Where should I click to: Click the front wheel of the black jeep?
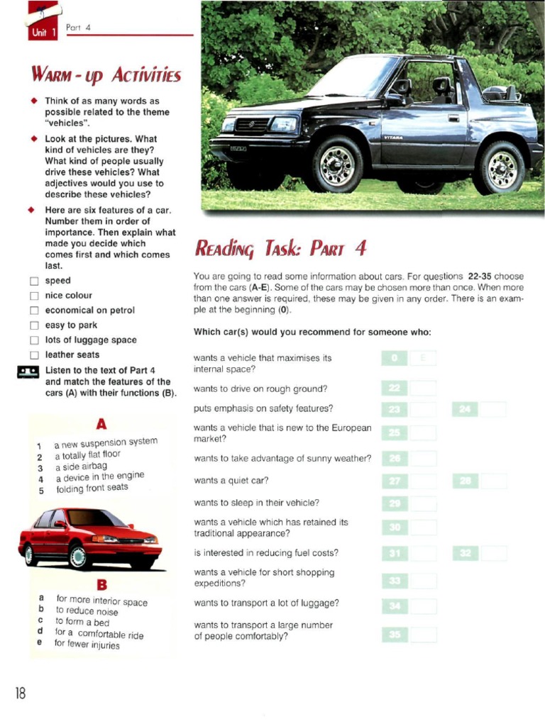(338, 164)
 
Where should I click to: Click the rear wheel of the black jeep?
(502, 168)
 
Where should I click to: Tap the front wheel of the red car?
(78, 556)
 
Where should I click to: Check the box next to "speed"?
(33, 281)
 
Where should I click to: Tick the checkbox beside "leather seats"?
(33, 355)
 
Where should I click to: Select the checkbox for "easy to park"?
(33, 325)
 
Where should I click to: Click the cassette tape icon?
(28, 371)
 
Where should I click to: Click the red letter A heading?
(101, 424)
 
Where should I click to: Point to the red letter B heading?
(101, 585)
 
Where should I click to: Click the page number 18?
(20, 693)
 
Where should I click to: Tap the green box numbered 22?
(395, 388)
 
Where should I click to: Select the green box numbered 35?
(395, 635)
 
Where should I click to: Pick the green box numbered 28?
(465, 481)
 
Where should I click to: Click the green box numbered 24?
(465, 409)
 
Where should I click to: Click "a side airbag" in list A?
(81, 467)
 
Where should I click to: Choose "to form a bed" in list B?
(82, 622)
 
